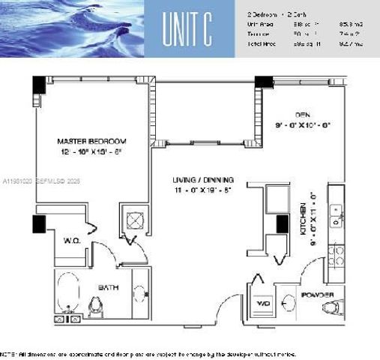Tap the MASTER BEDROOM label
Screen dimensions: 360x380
click(92, 140)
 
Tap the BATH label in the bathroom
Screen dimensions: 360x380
click(110, 287)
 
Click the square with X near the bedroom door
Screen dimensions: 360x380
click(136, 220)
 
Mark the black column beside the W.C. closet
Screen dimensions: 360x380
click(39, 223)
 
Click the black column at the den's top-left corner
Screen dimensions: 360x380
click(262, 84)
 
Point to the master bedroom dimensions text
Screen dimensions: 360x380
click(92, 151)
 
